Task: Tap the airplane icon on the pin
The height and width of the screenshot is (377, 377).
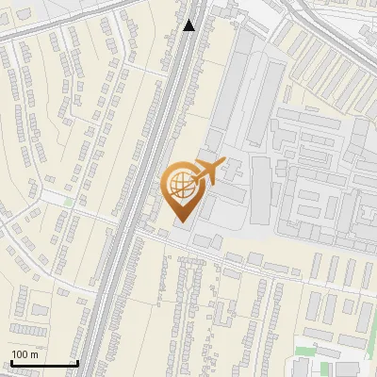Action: coord(205,172)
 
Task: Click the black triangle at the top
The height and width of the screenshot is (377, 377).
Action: coord(188,25)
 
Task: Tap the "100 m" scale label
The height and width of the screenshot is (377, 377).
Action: coord(25,354)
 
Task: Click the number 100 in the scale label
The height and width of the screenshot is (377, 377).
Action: coord(20,354)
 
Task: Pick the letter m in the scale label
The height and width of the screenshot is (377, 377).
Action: coord(34,355)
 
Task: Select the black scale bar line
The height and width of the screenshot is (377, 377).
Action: coord(44,363)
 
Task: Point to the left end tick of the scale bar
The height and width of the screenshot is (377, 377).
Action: coord(12,362)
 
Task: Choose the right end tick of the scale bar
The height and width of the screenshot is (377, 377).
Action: coord(77,362)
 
